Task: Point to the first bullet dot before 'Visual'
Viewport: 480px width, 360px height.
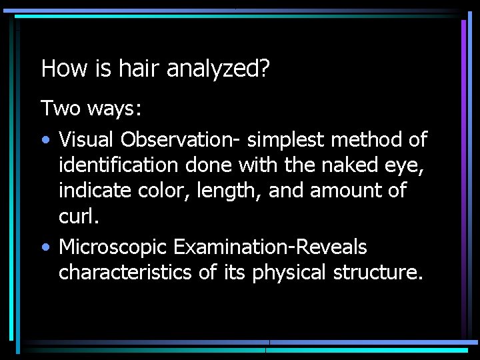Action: (45, 141)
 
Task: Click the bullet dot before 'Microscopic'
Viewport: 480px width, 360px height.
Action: (45, 248)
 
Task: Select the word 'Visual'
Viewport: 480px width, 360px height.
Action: (86, 139)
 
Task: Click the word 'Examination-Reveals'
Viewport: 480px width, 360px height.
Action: (270, 247)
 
